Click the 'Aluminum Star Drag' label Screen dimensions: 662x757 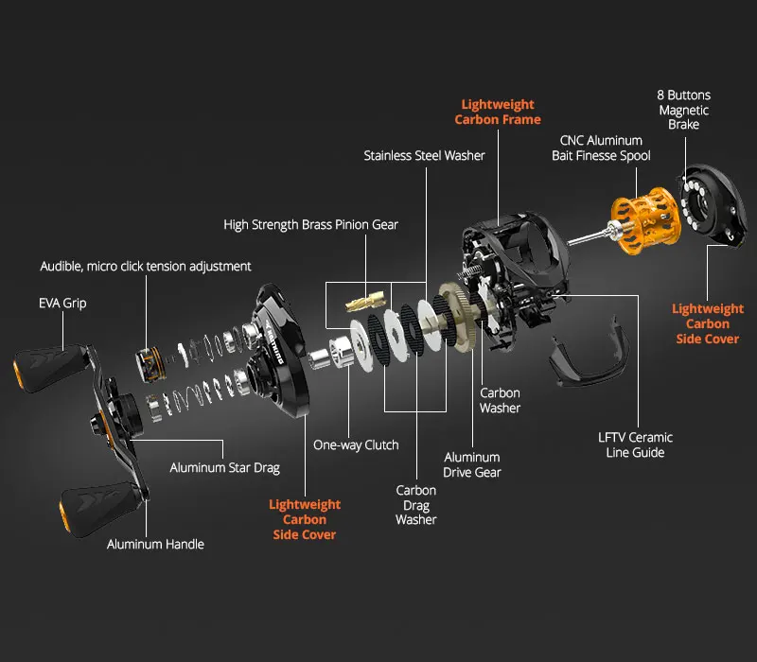(x=224, y=467)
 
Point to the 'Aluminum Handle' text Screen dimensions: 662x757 (x=155, y=544)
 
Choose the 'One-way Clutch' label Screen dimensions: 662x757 (x=356, y=444)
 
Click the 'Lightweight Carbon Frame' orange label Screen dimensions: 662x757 (x=498, y=112)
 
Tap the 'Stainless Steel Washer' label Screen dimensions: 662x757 (x=424, y=155)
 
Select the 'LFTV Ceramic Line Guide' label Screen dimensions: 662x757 (x=635, y=444)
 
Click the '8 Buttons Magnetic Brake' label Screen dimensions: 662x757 (x=683, y=110)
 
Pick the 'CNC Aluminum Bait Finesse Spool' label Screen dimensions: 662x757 (x=601, y=148)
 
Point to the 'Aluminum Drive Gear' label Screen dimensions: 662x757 (x=472, y=464)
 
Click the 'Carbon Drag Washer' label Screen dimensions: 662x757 (x=416, y=505)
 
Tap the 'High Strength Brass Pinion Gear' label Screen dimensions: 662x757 (x=310, y=225)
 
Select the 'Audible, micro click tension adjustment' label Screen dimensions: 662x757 (x=146, y=267)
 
